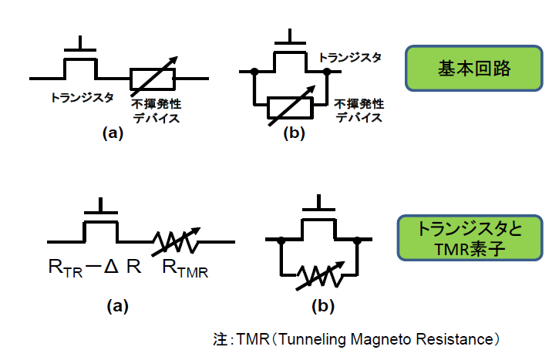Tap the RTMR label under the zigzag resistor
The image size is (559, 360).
click(x=186, y=269)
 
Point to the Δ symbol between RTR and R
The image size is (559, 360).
click(x=111, y=268)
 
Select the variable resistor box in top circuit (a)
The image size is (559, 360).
click(x=154, y=79)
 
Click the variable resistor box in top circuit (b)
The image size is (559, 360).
click(x=290, y=108)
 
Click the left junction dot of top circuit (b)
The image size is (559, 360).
click(x=254, y=72)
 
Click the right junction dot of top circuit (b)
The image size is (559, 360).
click(x=327, y=72)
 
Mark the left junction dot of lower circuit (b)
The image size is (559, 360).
click(x=283, y=241)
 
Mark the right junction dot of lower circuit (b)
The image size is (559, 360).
click(x=358, y=241)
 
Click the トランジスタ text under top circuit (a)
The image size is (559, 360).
click(x=83, y=99)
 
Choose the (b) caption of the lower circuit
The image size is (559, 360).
click(x=322, y=306)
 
